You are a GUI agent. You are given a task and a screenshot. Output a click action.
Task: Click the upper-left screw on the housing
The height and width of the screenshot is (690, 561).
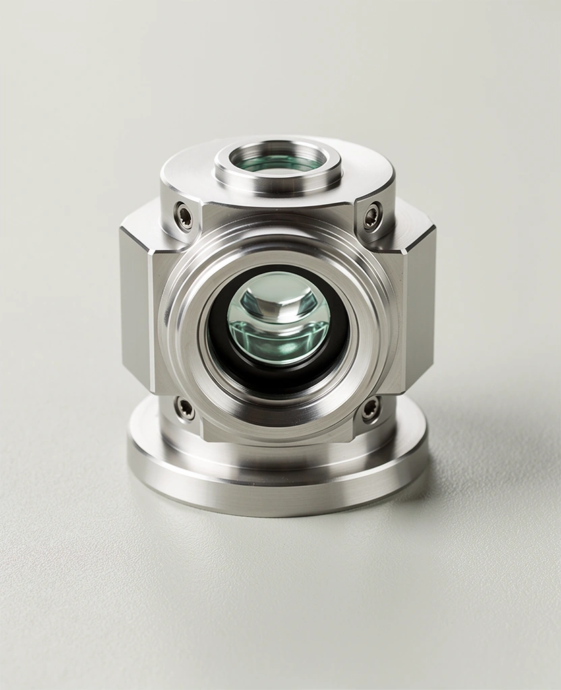click(183, 216)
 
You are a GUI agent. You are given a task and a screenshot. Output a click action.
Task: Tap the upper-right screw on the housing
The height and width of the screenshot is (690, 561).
click(372, 216)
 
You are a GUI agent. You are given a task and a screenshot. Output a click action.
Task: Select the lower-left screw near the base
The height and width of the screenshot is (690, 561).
click(184, 408)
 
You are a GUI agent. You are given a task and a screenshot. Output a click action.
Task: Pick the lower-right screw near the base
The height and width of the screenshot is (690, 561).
click(371, 409)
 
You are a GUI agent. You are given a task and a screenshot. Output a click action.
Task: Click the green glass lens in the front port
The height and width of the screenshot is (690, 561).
click(278, 320)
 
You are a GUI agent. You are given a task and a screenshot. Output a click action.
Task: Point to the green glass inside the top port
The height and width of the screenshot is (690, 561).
click(278, 162)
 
